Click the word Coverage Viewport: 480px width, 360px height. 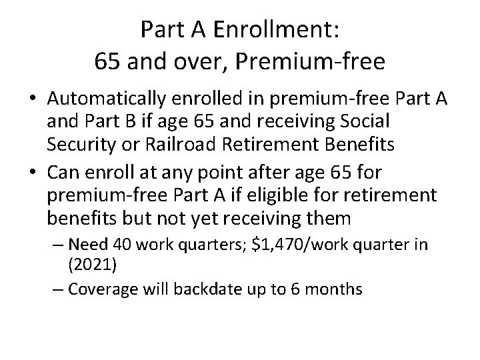coord(101,289)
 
